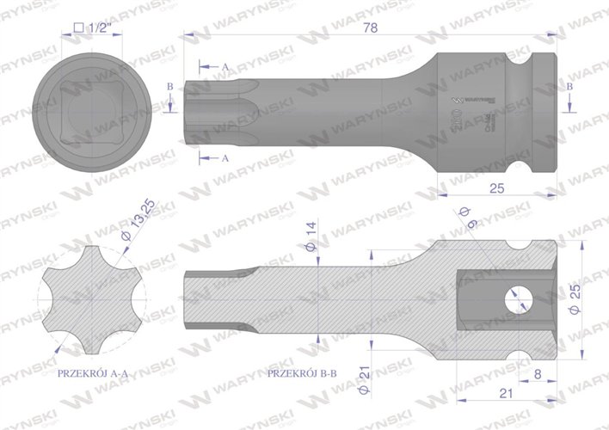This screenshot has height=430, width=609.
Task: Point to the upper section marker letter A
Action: pos(225,66)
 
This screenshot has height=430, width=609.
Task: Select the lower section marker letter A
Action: pos(225,158)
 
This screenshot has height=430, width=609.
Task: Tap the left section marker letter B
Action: pos(170,87)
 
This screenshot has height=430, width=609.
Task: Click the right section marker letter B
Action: pos(570,87)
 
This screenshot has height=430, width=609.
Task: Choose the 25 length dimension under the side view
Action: pos(496,188)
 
